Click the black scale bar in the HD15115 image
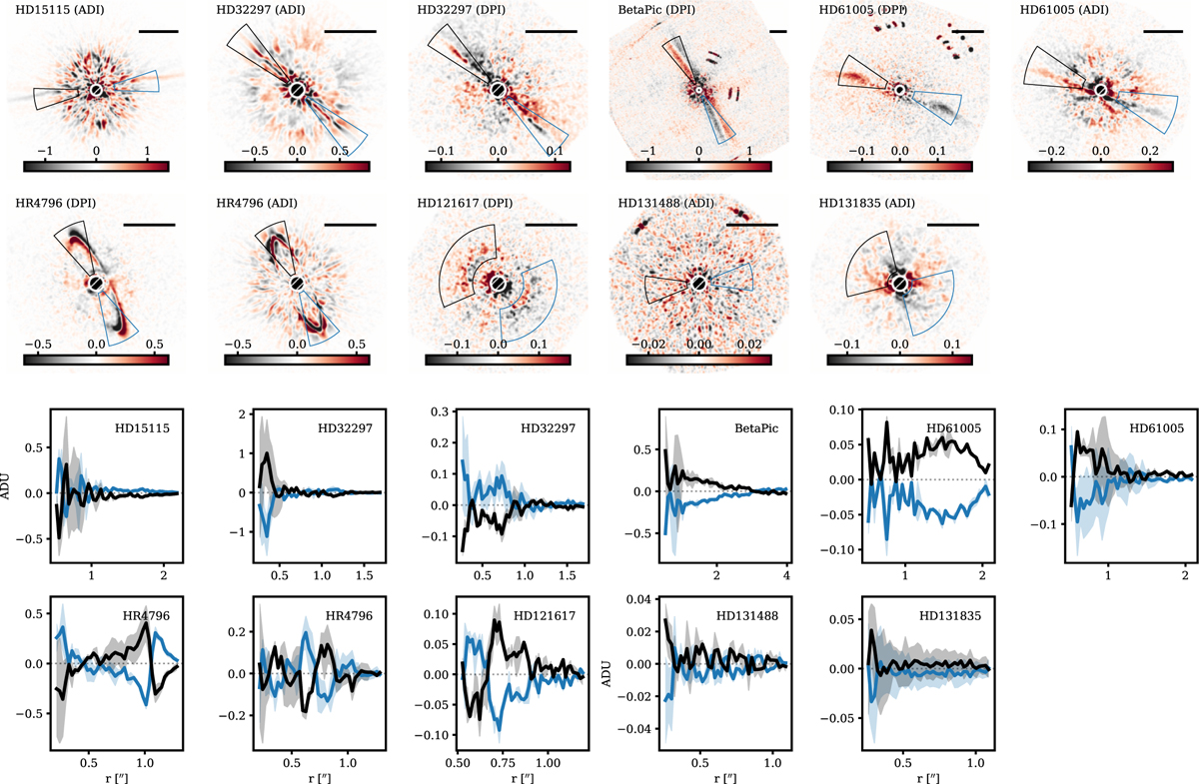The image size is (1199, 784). [158, 32]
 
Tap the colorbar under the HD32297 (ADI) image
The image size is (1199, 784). [298, 167]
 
